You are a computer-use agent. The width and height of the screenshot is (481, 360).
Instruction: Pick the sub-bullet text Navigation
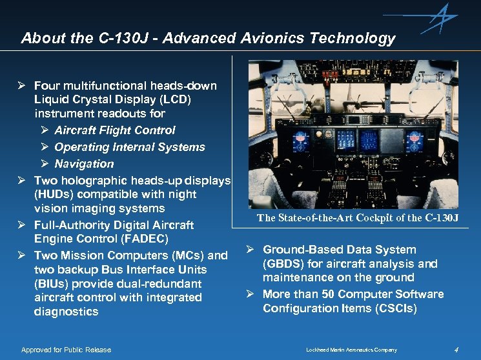[x=84, y=164]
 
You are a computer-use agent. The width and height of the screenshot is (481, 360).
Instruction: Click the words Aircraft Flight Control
[x=114, y=130]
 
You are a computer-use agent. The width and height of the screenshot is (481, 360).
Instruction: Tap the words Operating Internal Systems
[x=129, y=147]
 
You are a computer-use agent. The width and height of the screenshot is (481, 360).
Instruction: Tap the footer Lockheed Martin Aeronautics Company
[x=351, y=350]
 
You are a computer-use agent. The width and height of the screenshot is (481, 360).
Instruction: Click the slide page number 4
[x=456, y=350]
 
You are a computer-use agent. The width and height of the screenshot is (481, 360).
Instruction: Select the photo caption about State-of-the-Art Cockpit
[x=358, y=218]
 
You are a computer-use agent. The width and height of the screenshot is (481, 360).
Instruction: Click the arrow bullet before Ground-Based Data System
[x=250, y=250]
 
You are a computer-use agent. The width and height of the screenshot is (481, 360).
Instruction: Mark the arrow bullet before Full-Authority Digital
[x=21, y=225]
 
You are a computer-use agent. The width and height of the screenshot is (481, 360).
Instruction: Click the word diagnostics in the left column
[x=66, y=312]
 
